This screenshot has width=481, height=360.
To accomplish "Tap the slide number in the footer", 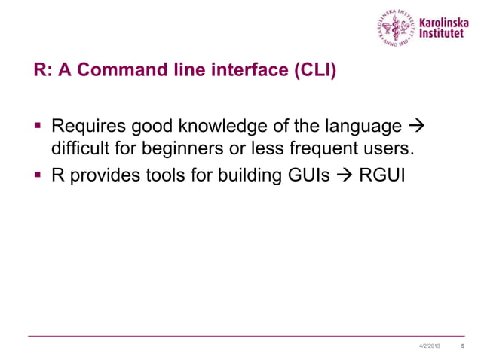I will click(461, 345).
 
